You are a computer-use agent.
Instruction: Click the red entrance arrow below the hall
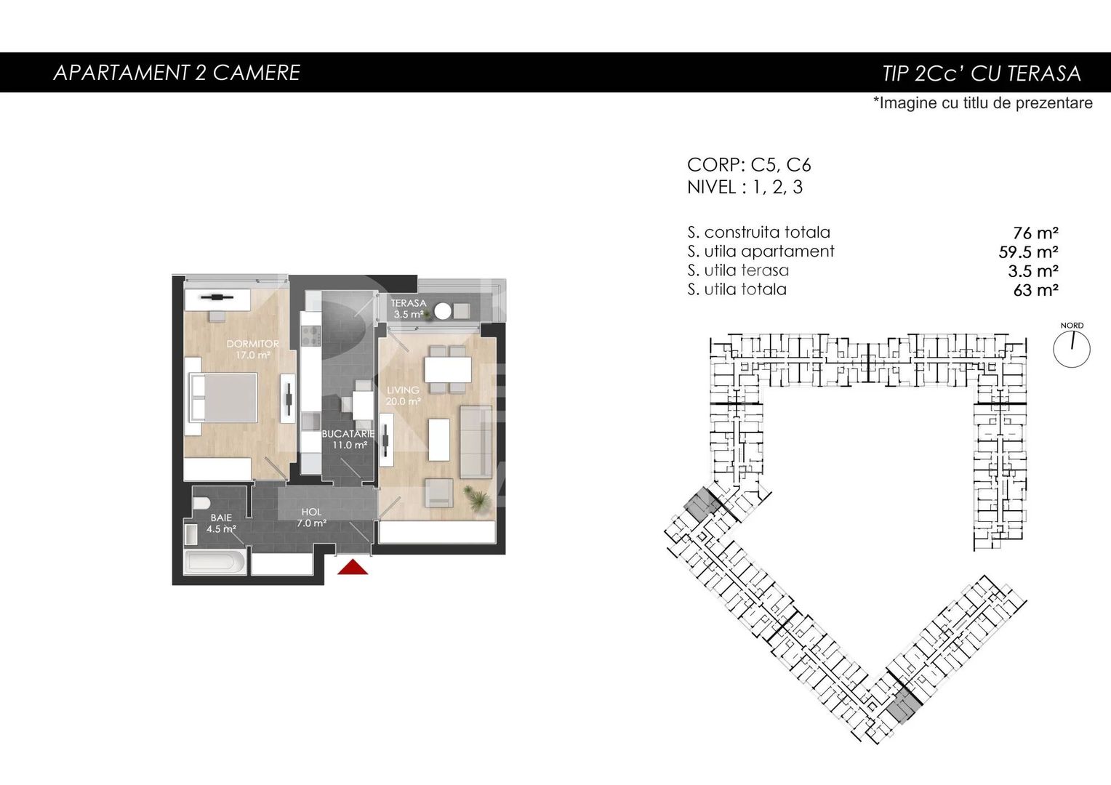click(353, 567)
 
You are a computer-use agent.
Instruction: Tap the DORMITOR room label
click(252, 344)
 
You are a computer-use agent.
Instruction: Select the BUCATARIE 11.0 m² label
click(348, 439)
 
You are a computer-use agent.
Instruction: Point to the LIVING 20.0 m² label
click(403, 395)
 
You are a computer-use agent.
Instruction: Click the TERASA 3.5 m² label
click(408, 308)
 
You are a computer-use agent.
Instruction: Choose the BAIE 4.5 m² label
click(221, 523)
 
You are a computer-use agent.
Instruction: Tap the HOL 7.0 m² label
click(311, 518)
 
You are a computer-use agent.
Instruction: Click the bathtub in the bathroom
click(215, 561)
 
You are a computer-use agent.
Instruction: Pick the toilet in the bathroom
click(201, 503)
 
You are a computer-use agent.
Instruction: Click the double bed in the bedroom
click(222, 397)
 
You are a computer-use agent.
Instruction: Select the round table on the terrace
click(442, 311)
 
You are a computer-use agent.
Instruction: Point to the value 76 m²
click(1035, 233)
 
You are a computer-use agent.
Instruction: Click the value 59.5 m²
click(1028, 252)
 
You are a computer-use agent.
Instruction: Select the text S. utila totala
click(737, 289)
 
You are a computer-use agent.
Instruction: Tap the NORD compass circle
click(1072, 349)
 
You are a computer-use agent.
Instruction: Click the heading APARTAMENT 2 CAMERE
click(177, 73)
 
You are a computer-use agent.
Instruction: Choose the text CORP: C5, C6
click(749, 165)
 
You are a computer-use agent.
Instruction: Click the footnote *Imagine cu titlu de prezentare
click(983, 103)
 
